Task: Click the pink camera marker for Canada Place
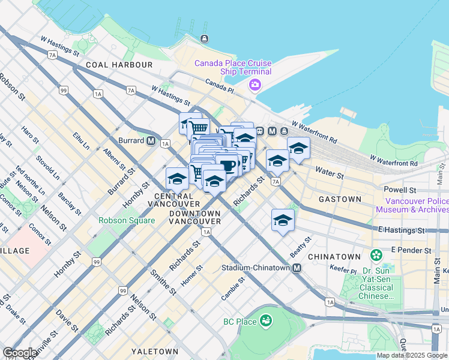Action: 255,85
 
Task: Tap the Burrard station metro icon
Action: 151,141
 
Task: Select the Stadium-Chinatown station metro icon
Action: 297,268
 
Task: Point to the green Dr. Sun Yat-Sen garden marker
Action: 376,256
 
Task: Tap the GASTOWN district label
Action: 340,199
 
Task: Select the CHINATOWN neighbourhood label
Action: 334,256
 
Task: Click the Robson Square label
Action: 127,220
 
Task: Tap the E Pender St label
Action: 411,250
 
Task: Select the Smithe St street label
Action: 164,281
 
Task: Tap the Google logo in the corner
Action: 19,353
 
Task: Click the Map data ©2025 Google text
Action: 412,355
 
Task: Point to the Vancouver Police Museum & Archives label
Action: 411,205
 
